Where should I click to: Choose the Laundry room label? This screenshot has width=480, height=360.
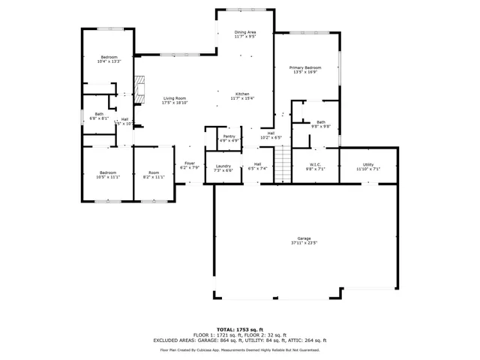[x=223, y=167]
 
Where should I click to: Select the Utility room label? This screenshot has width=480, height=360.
[x=367, y=166]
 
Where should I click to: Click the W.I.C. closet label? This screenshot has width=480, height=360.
[x=316, y=166]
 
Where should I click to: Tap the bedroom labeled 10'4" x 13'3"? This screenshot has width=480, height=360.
[x=109, y=59]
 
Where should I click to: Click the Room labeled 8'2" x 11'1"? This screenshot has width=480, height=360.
[x=153, y=175]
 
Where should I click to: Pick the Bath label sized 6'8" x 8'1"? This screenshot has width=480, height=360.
[x=99, y=116]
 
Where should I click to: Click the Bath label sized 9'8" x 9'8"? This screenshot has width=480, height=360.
[x=320, y=124]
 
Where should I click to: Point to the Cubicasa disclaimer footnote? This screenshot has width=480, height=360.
[x=240, y=349]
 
